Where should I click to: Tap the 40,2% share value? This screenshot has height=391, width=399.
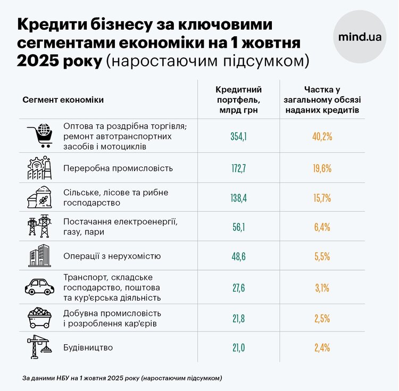click(x=322, y=137)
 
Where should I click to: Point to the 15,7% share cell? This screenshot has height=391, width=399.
click(x=322, y=198)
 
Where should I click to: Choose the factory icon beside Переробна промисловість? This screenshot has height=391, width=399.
click(x=40, y=168)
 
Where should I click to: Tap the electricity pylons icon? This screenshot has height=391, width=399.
click(x=40, y=227)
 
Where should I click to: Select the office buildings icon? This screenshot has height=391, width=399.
click(x=40, y=256)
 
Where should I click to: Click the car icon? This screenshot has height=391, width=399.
click(x=40, y=287)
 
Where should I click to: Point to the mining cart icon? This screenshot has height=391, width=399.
click(x=40, y=319)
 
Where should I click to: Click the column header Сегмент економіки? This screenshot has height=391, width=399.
click(x=63, y=100)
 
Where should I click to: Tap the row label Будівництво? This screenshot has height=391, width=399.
click(x=88, y=348)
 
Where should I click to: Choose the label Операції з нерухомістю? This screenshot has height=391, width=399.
click(x=112, y=256)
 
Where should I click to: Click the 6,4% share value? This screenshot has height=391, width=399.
click(x=322, y=227)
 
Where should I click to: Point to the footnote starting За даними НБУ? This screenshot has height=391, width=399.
click(x=122, y=378)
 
